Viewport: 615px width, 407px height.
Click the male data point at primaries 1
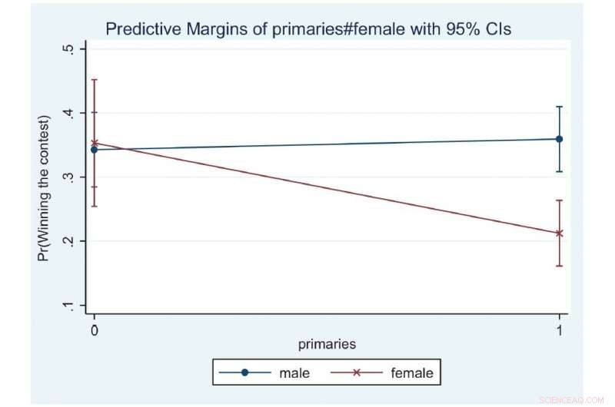(560, 139)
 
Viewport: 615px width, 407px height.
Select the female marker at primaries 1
(560, 233)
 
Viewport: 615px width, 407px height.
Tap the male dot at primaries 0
(94, 150)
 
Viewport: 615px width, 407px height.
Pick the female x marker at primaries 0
(94, 143)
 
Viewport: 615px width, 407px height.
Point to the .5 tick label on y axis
(68, 48)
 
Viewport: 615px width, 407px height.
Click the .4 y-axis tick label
(68, 113)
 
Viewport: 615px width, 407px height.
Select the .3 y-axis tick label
(68, 177)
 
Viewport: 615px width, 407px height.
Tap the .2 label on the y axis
(68, 241)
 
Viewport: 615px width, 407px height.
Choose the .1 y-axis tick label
(68, 305)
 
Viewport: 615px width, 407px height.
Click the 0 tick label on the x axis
(94, 330)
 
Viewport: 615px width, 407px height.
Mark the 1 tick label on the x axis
(560, 330)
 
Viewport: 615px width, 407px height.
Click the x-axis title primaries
(327, 344)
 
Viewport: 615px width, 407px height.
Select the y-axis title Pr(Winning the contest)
(43, 188)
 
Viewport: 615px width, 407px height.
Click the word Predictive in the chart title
(144, 29)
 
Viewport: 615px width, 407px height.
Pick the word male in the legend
(294, 373)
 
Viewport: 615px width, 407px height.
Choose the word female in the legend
(412, 373)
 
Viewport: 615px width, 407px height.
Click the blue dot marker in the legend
(244, 372)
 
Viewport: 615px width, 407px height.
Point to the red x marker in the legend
(357, 372)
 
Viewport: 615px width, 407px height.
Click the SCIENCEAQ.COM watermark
(571, 400)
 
